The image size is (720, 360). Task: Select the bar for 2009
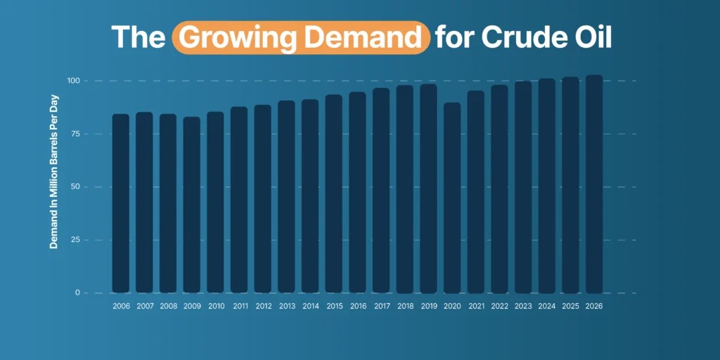point(192,205)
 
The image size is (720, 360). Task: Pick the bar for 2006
point(121,203)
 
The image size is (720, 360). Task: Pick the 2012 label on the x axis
point(263,307)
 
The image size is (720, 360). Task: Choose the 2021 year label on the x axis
point(476,307)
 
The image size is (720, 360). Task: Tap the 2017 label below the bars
point(381,307)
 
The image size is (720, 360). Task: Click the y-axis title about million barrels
point(54,187)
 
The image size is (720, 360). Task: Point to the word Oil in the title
point(591,37)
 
